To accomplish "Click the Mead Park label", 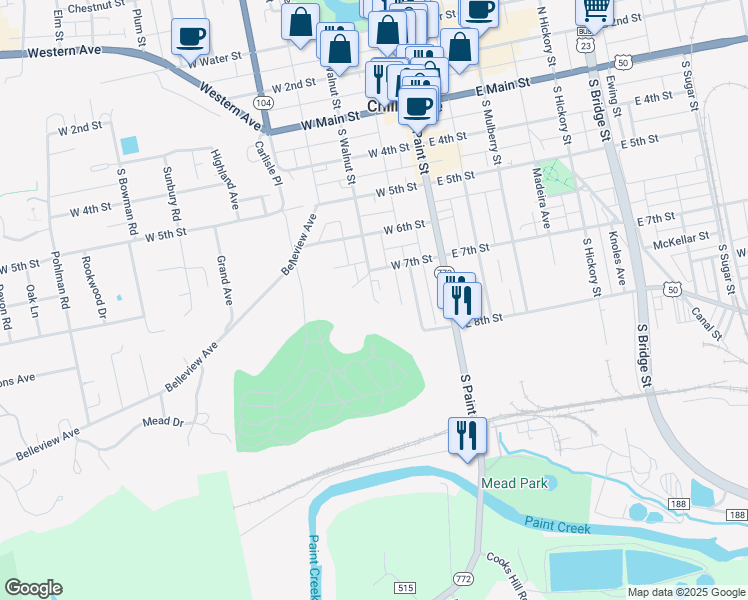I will (x=514, y=483).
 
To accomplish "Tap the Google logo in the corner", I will (x=33, y=588).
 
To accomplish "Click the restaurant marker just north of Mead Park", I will (x=467, y=435).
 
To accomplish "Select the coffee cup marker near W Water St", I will (x=190, y=39).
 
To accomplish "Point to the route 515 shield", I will (x=405, y=588).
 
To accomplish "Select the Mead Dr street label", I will (x=164, y=423).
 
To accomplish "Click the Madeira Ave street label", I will (x=546, y=206).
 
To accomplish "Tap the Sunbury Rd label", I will (x=172, y=195).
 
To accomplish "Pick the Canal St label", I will (x=707, y=317).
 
